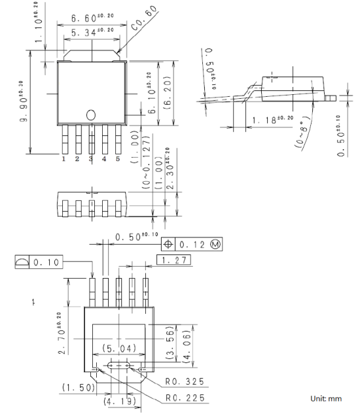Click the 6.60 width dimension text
92,18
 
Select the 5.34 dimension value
92,31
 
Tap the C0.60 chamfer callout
144,18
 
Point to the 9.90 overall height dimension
22,101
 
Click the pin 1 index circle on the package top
91,115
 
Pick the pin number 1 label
63,159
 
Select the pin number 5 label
118,159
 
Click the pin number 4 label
104,159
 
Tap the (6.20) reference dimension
168,93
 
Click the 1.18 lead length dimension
273,120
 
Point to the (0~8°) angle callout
303,133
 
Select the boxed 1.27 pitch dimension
173,260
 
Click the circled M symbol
215,244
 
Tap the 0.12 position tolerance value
192,245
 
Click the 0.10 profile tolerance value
46,262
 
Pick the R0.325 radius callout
185,381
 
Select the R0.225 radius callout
185,398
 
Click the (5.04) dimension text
119,349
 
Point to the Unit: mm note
326,398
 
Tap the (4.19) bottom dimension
120,402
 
